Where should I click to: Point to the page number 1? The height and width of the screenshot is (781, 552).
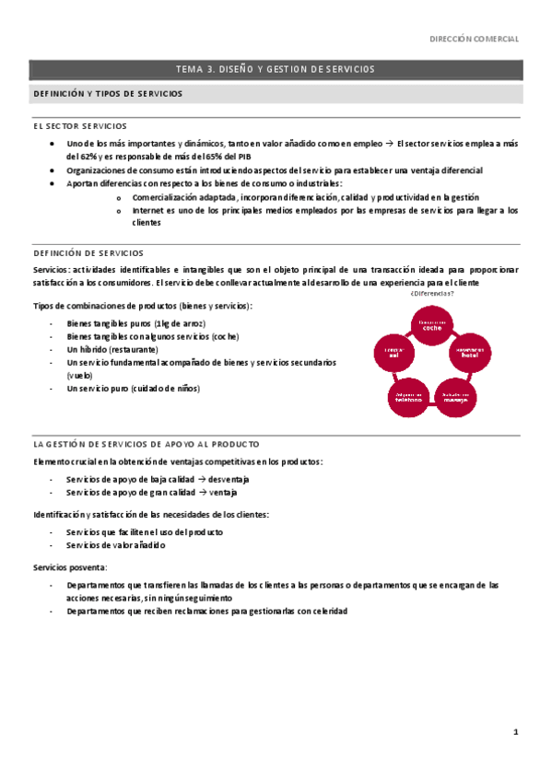(516, 731)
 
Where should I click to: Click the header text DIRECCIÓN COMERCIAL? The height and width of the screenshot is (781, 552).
(476, 40)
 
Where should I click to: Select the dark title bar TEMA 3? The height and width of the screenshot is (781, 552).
(276, 69)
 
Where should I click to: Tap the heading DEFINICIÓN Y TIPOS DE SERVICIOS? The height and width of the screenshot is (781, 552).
(108, 94)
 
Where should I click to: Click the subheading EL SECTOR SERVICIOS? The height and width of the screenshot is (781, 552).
(79, 126)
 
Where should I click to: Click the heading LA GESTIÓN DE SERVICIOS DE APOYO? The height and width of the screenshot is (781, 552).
(146, 444)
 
